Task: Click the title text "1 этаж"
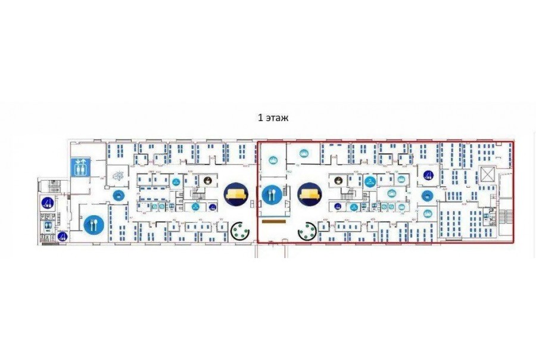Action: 273,118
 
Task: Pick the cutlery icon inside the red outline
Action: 272,194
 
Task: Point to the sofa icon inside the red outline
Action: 309,194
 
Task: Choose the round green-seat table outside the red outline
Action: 241,231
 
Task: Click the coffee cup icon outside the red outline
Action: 207,181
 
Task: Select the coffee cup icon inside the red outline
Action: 338,180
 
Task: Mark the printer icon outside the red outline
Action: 118,194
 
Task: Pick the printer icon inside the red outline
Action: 426,195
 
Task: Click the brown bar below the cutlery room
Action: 274,222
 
